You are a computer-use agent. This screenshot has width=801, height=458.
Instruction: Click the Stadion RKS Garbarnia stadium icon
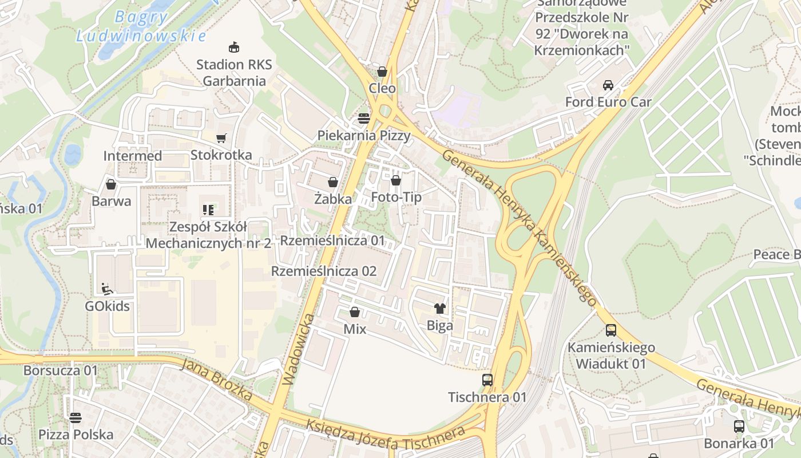[x=233, y=47]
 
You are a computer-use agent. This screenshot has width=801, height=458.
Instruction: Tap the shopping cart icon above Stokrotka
[x=221, y=138]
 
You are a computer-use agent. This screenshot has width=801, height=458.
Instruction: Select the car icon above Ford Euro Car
[x=608, y=85]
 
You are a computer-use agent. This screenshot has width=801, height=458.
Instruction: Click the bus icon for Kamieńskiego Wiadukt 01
[x=611, y=330]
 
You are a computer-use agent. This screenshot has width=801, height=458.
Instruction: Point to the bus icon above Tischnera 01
[x=487, y=380]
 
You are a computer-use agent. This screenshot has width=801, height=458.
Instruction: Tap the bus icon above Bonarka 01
[x=739, y=426]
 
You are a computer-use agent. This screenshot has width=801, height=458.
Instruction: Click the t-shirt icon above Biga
[x=439, y=309]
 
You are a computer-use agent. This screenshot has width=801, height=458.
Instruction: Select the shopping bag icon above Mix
[x=355, y=312]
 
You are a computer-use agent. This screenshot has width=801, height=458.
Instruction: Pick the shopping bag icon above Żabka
[x=332, y=182]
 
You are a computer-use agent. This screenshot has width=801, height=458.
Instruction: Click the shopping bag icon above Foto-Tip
[x=396, y=181]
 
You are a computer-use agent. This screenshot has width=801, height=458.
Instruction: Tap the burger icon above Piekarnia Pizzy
[x=364, y=119]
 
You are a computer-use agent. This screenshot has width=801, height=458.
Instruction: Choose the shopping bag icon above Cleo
[x=382, y=72]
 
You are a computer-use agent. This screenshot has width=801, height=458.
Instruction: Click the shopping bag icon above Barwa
[x=111, y=184]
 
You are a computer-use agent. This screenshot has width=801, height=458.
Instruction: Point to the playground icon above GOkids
[x=107, y=289]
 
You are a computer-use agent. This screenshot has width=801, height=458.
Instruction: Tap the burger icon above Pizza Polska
[x=76, y=417]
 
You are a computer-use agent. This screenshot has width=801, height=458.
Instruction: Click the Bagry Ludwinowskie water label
[x=141, y=26]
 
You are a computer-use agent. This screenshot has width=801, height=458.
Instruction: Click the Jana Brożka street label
[x=217, y=379]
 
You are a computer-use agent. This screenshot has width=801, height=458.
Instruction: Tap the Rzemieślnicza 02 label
[x=324, y=271]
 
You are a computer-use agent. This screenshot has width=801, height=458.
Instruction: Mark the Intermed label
[x=132, y=156]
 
